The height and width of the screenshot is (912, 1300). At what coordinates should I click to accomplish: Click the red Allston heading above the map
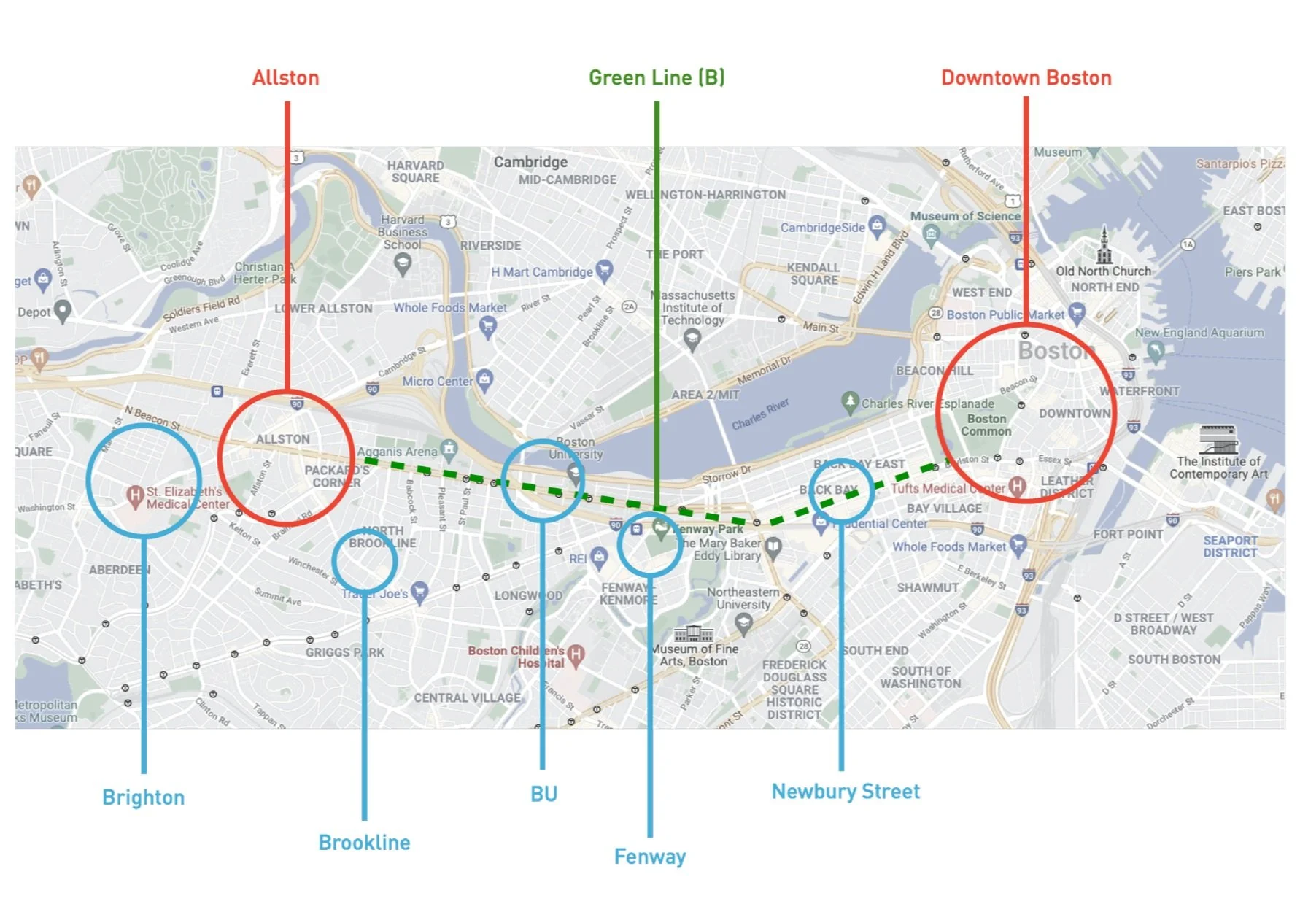[x=285, y=78]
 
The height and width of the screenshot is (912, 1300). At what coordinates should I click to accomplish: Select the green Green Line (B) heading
[x=657, y=78]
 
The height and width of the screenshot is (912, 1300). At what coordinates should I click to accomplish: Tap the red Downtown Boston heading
[x=1026, y=78]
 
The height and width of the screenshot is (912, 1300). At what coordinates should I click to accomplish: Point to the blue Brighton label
[x=143, y=797]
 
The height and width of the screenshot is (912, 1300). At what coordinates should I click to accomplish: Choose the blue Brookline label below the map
[x=364, y=843]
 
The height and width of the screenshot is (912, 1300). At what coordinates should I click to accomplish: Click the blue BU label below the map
[x=543, y=794]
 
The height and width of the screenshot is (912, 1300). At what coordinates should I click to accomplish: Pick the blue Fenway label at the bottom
[x=649, y=857]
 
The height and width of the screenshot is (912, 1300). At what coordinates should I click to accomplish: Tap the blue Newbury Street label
[x=846, y=792]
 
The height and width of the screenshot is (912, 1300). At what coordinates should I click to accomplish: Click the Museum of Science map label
[x=964, y=217]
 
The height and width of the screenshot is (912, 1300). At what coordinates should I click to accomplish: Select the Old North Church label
[x=1103, y=271]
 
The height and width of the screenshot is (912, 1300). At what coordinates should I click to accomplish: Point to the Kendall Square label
[x=813, y=274]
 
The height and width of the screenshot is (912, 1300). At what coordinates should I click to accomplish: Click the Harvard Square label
[x=415, y=171]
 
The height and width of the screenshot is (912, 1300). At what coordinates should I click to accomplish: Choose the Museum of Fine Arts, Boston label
[x=694, y=655]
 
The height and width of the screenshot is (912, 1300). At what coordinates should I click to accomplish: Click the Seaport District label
[x=1230, y=546]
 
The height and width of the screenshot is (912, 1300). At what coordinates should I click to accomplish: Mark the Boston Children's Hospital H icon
[x=576, y=654]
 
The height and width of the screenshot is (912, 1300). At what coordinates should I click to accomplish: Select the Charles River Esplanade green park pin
[x=849, y=401]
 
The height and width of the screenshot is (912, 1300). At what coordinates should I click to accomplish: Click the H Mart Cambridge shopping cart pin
[x=604, y=270]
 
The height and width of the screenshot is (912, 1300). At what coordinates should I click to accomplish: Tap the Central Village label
[x=467, y=698]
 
